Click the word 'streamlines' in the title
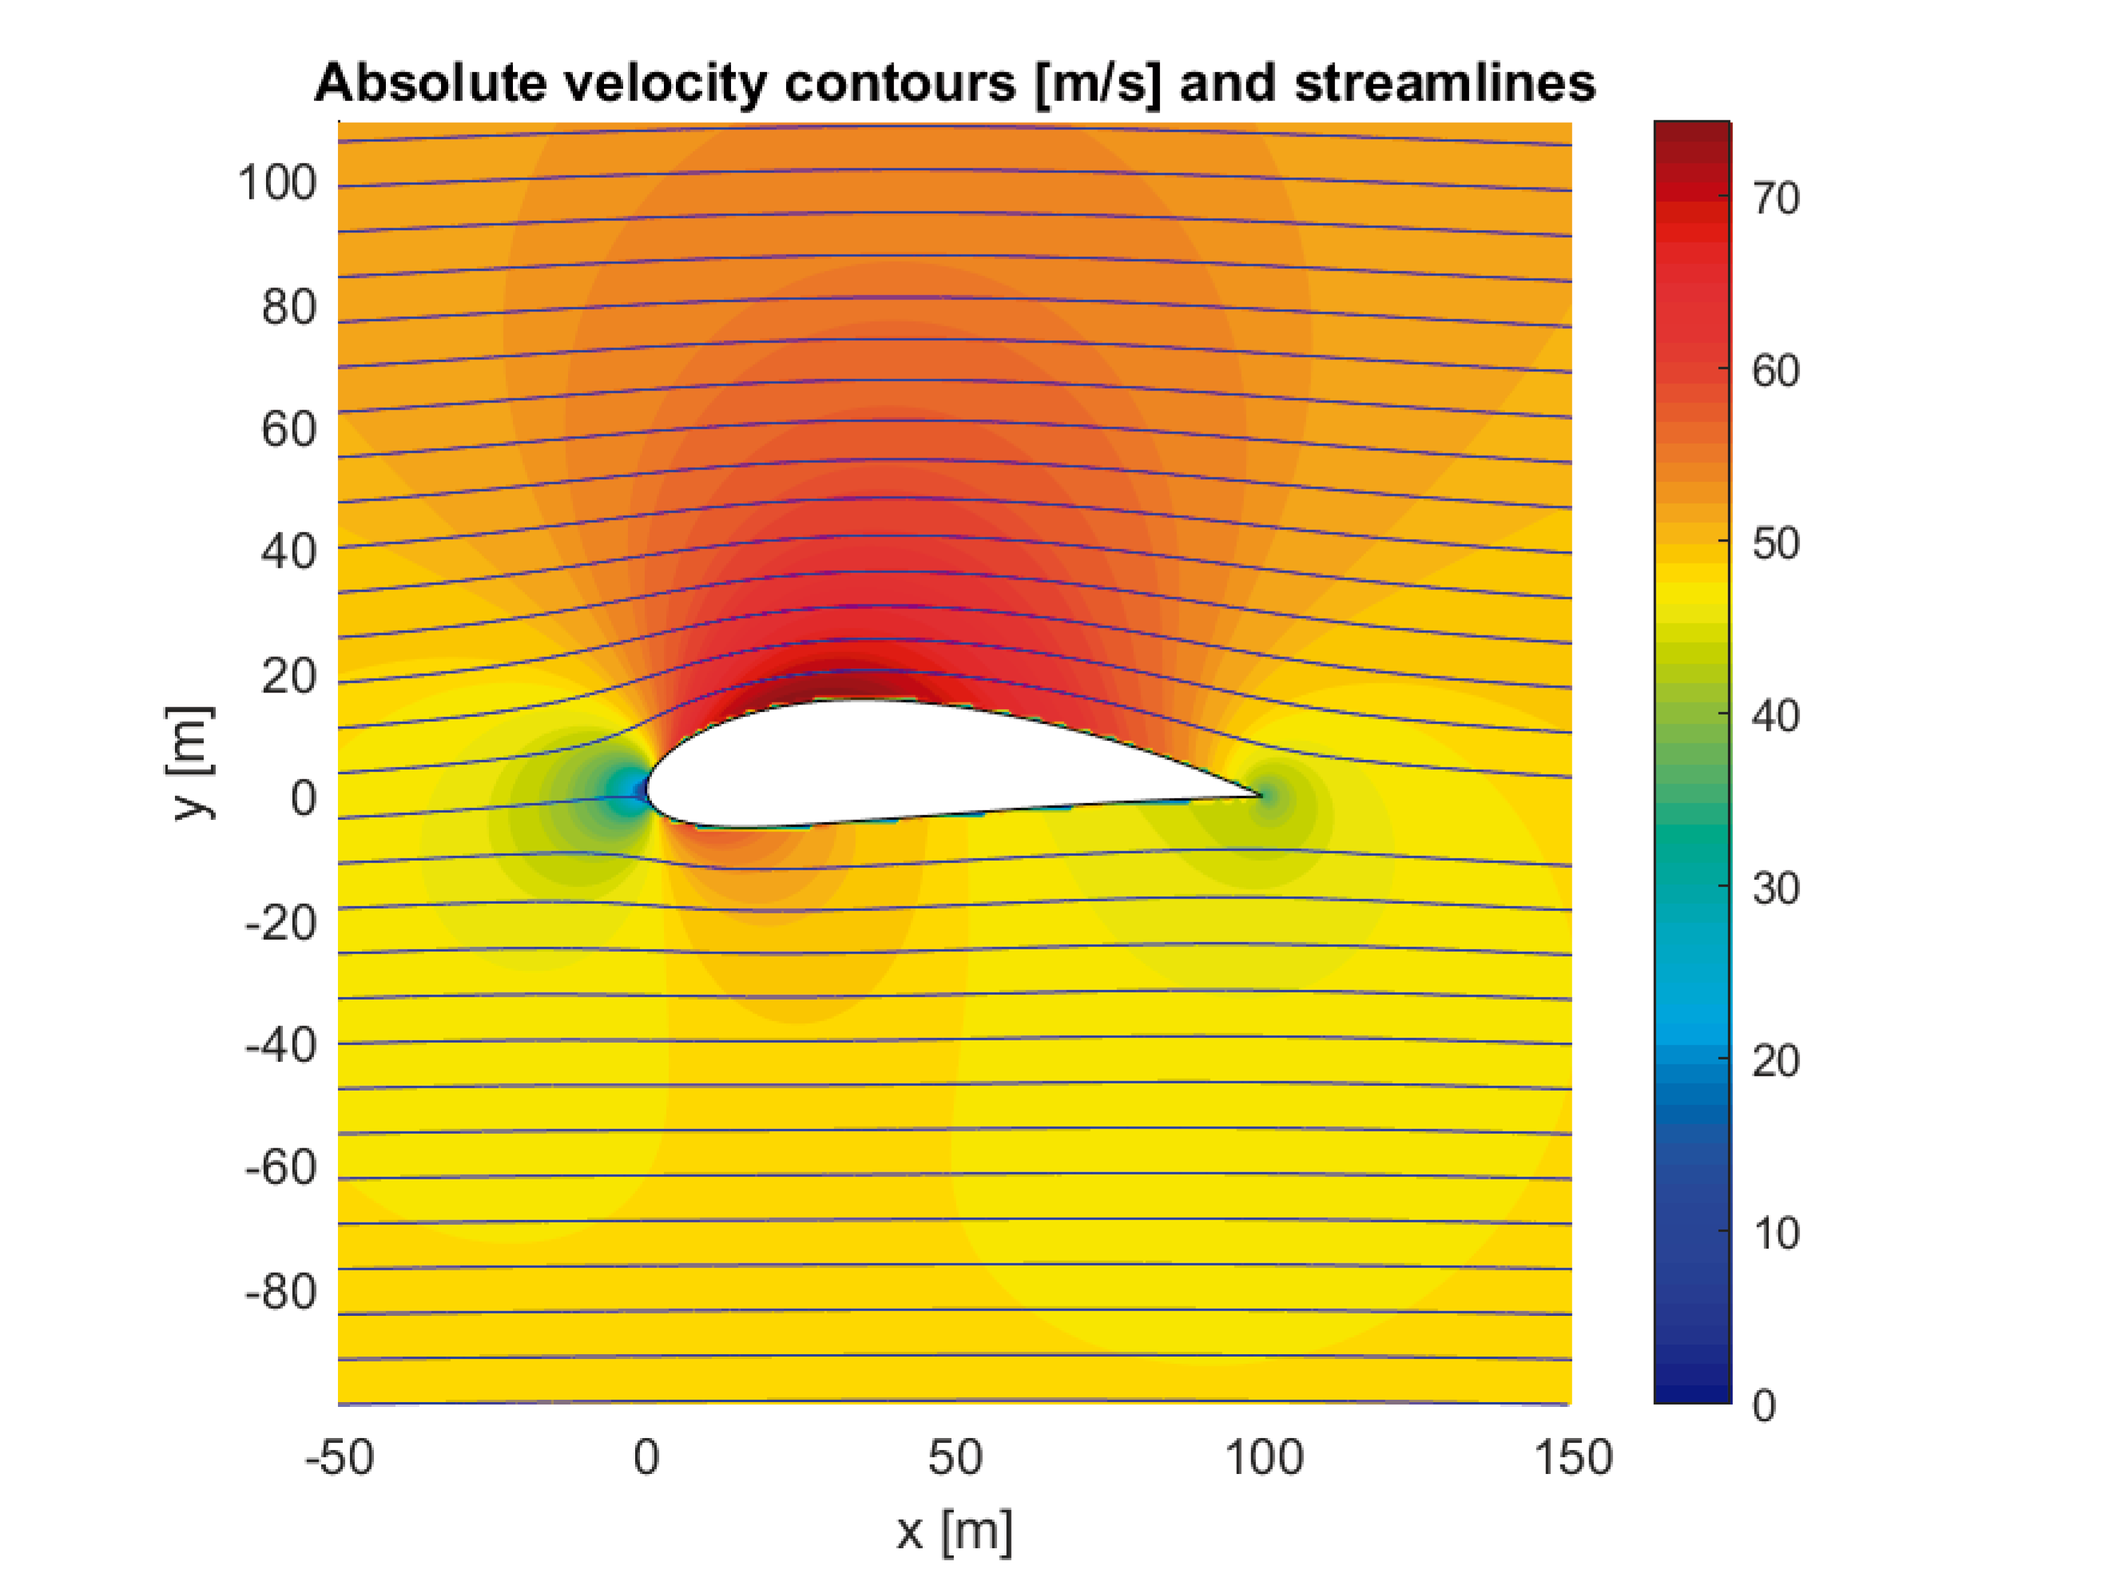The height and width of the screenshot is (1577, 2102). [x=1445, y=84]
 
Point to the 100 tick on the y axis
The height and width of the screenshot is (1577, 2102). [x=276, y=183]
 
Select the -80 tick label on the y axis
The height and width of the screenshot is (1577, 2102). [x=280, y=1292]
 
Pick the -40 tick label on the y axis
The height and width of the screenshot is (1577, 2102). [x=280, y=1046]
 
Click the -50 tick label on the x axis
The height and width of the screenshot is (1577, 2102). [x=339, y=1457]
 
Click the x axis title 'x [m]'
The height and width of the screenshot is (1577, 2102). [x=954, y=1530]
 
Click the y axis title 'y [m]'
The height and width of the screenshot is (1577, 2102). [x=190, y=763]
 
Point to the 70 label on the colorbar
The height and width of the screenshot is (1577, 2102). [x=1775, y=199]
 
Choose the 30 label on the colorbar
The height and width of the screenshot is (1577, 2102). [x=1775, y=888]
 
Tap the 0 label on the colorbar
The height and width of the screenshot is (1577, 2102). [x=1763, y=1406]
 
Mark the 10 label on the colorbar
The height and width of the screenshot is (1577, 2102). [x=1775, y=1233]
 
